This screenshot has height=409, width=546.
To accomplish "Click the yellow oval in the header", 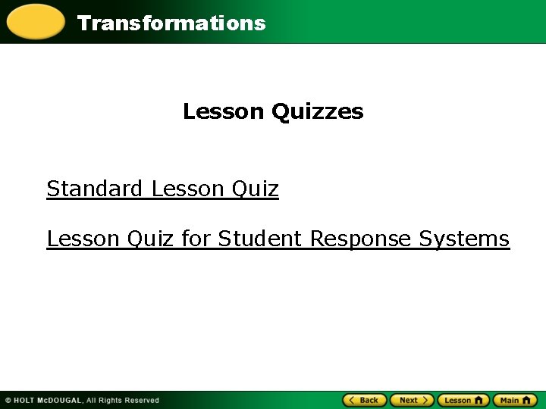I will [x=35, y=22].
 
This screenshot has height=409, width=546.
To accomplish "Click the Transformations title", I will [x=171, y=23].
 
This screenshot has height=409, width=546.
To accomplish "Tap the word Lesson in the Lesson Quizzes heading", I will [x=223, y=112].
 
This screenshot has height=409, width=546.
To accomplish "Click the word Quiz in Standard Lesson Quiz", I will [x=255, y=188].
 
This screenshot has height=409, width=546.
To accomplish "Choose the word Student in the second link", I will [x=261, y=239].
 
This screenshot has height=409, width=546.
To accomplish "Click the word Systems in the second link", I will [x=464, y=239].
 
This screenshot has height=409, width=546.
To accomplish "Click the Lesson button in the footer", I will [x=463, y=400].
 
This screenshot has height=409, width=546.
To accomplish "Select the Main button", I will [x=514, y=400].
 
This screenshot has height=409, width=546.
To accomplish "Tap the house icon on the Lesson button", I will [x=479, y=400].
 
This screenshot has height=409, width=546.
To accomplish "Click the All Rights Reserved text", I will [x=123, y=400].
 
